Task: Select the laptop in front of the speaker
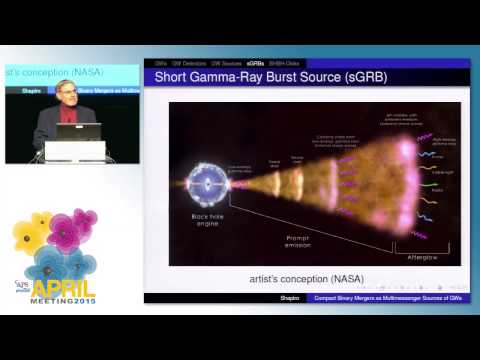click(79, 131)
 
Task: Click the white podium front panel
click(75, 150)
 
